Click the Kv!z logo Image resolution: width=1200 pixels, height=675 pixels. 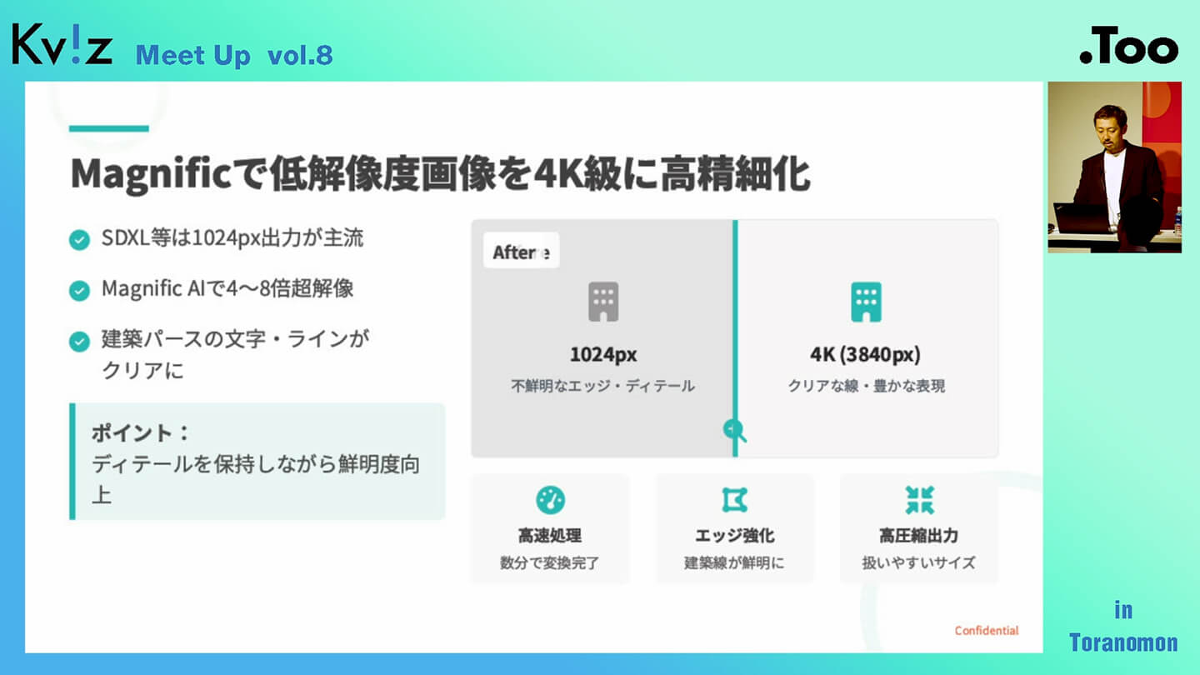[x=62, y=44]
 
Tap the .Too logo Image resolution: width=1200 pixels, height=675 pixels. [x=1128, y=46]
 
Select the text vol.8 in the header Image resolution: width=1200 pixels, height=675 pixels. [x=300, y=56]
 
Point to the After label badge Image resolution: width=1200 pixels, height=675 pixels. [x=522, y=251]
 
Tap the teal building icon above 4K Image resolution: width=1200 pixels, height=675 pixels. [x=866, y=302]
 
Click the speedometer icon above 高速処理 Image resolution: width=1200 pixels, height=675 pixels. [x=550, y=500]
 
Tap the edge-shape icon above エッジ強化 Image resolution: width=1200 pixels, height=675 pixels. [x=734, y=500]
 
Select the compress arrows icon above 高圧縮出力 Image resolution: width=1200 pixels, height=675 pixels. [x=919, y=500]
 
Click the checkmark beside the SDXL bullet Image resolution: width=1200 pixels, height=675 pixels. [x=79, y=239]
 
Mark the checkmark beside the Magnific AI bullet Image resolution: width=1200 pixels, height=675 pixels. [x=79, y=290]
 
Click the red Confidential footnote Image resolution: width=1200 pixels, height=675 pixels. [x=987, y=631]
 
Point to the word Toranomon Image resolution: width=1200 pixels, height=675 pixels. [x=1123, y=642]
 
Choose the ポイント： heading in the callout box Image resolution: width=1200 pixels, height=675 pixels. [x=140, y=432]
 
